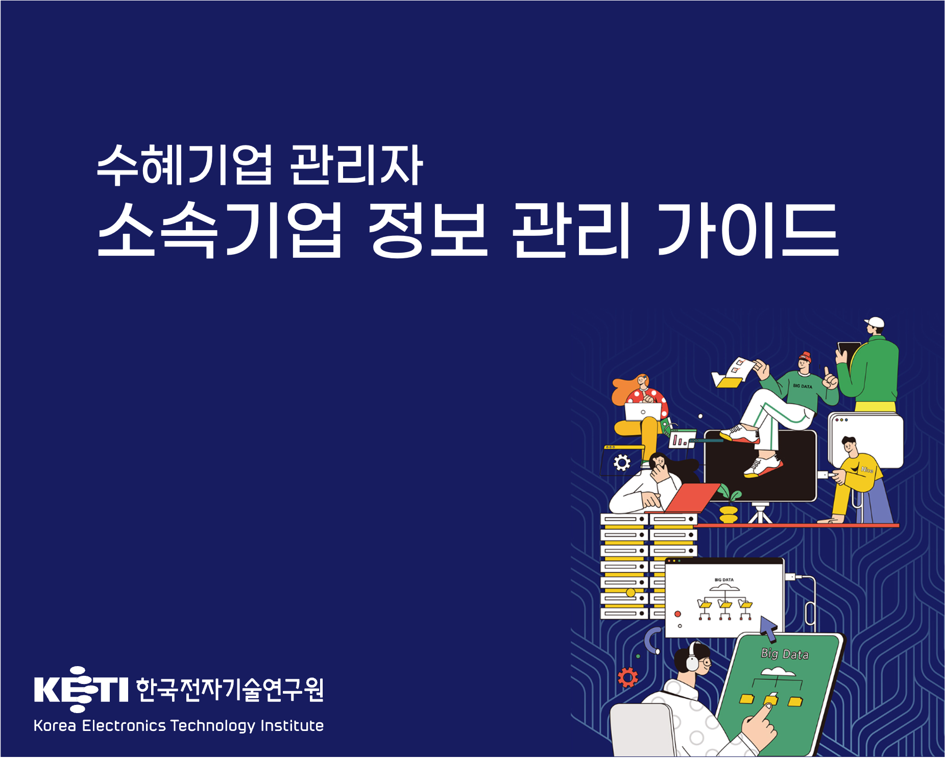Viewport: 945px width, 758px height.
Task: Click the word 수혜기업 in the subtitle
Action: [184, 164]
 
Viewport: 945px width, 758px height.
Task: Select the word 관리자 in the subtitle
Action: [356, 164]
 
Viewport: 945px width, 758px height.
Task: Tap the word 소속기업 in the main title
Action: [220, 229]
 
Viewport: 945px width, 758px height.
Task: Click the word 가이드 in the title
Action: [747, 229]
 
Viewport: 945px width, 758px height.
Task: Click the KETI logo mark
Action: [81, 689]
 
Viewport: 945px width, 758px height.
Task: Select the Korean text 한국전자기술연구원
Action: [230, 690]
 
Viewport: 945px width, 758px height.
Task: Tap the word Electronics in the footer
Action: [124, 725]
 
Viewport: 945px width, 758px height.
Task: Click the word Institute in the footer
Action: [292, 725]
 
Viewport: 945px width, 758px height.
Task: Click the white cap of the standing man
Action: [875, 323]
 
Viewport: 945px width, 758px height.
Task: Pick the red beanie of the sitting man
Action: [805, 356]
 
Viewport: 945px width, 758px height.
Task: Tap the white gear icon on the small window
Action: [621, 463]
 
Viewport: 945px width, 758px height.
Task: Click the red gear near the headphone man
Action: [627, 677]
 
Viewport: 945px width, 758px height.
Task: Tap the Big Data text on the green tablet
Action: [785, 654]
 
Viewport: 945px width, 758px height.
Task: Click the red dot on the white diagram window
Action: [677, 614]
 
